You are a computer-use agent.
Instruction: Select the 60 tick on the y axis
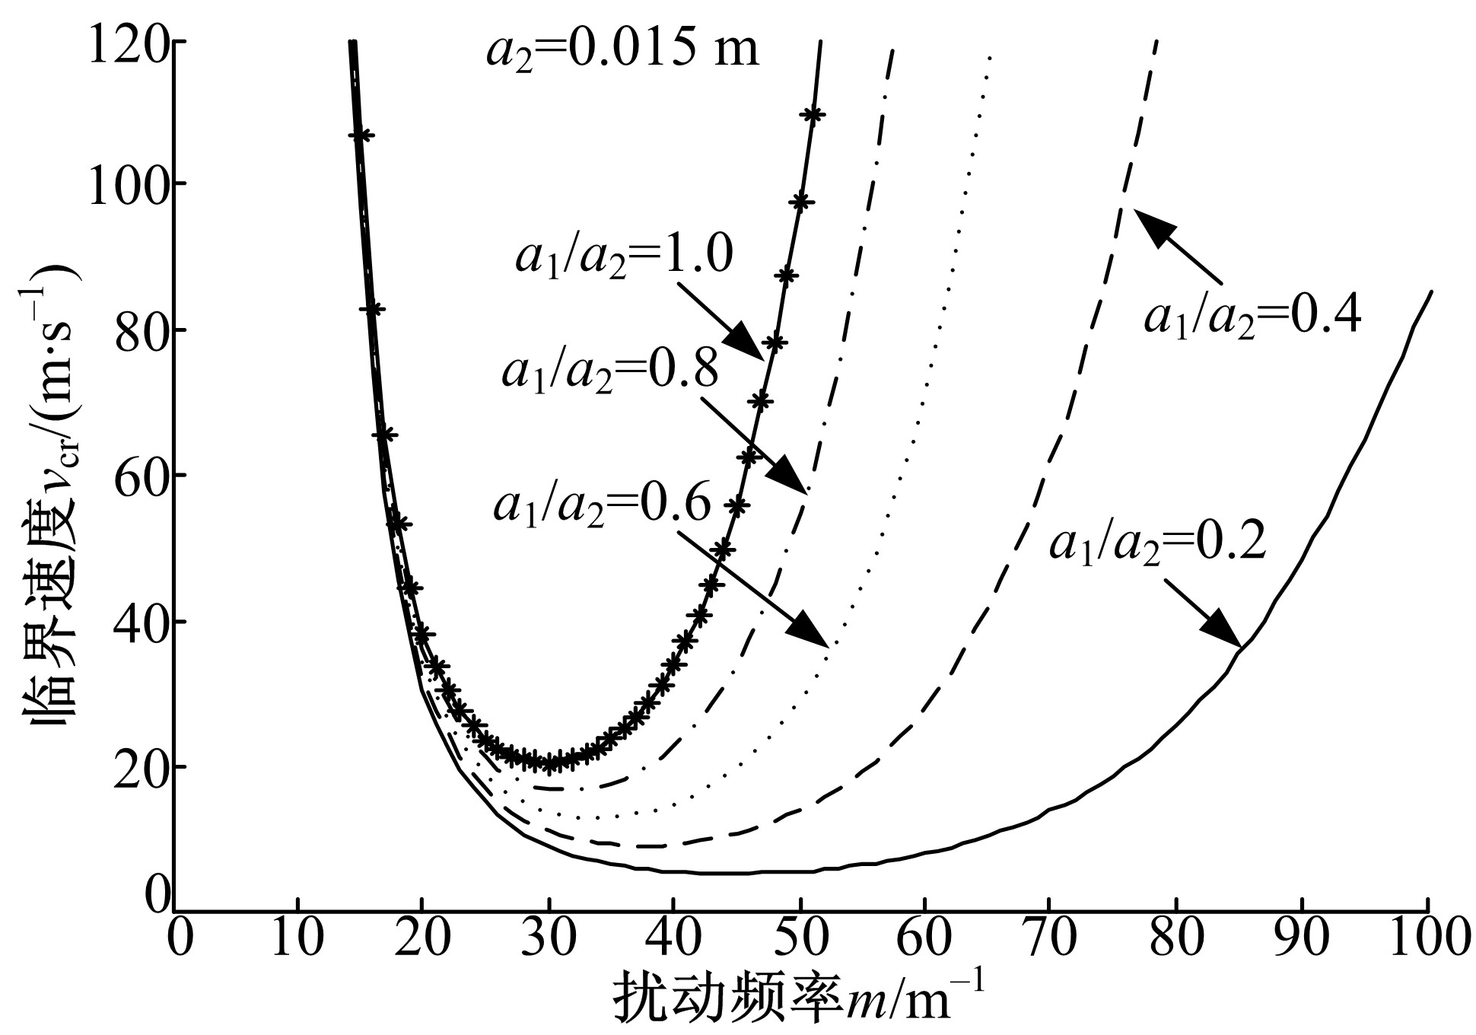(x=140, y=476)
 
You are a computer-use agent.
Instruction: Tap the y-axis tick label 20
(x=140, y=767)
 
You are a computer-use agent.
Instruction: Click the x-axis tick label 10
(x=297, y=941)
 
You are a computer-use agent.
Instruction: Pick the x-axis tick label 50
(x=800, y=941)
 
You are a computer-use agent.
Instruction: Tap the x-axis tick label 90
(x=1302, y=941)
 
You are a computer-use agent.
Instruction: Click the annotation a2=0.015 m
(x=622, y=50)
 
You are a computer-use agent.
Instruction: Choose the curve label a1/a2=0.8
(x=609, y=372)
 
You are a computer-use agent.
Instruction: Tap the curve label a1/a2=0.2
(x=1157, y=543)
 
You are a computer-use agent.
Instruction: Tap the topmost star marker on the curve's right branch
(x=813, y=115)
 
